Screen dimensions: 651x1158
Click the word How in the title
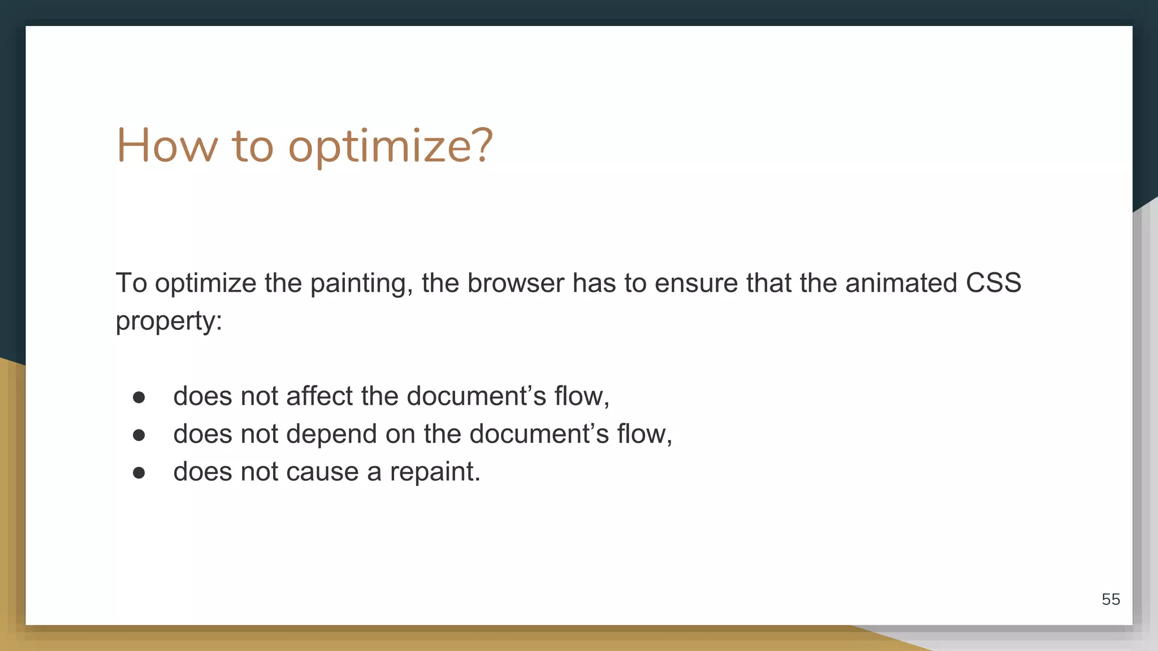(167, 146)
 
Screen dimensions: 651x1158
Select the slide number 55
(1111, 599)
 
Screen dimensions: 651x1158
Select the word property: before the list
(168, 322)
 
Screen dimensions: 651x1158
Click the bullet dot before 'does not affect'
(139, 397)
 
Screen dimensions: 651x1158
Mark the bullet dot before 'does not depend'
(139, 435)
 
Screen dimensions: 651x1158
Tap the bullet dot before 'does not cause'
(139, 473)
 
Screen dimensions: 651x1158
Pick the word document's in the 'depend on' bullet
(539, 433)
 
